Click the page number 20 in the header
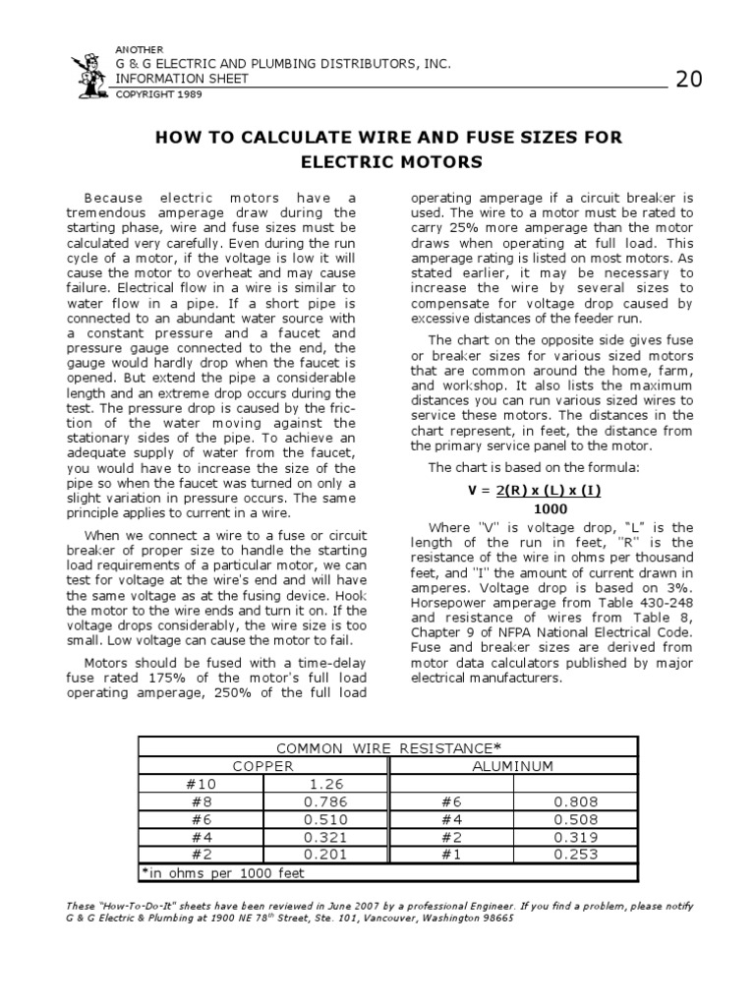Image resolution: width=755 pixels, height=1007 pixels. [x=688, y=80]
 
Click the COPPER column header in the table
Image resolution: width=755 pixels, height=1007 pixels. [x=263, y=766]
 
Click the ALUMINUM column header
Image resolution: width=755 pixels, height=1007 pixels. [x=512, y=766]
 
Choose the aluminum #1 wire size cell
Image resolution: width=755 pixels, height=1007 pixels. [x=451, y=855]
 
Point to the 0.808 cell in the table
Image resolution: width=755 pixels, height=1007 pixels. [x=575, y=801]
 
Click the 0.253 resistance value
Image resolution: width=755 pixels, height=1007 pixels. [x=575, y=855]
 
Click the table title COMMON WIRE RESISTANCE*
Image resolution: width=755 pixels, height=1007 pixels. [x=388, y=748]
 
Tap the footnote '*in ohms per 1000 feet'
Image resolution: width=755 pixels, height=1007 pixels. [x=223, y=873]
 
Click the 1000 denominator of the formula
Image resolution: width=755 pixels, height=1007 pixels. [x=550, y=508]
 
